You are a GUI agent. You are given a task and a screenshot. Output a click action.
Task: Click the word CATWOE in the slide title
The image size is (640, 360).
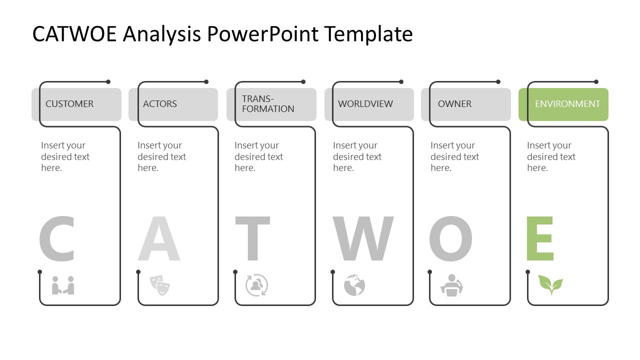tap(74, 34)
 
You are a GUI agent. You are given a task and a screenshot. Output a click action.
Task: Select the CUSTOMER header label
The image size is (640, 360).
tap(69, 104)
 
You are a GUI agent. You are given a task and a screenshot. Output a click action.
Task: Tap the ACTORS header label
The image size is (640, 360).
tap(160, 104)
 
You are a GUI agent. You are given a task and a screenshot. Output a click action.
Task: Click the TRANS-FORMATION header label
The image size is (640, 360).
tap(268, 104)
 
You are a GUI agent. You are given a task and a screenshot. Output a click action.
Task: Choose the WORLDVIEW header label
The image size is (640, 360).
tap(365, 104)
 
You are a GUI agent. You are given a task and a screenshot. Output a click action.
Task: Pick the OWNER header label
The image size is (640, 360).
tap(454, 104)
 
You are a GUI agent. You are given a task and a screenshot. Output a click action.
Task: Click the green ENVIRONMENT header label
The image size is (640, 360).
tap(567, 104)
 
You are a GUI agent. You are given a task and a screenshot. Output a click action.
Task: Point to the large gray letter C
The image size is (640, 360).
tap(56, 239)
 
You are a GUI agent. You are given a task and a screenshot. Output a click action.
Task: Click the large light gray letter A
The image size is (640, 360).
tap(159, 239)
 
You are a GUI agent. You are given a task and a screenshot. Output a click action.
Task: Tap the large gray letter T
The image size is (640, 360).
tap(253, 239)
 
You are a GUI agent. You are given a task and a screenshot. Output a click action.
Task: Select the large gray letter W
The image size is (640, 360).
tap(363, 239)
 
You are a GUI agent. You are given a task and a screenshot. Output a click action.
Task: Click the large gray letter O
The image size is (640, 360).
tap(450, 239)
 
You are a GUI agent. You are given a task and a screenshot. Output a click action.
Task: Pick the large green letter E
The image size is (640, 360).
tap(540, 239)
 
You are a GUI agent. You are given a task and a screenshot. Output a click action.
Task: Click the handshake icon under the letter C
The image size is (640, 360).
tap(63, 285)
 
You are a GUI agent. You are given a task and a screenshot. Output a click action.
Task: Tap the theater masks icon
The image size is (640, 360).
tap(160, 285)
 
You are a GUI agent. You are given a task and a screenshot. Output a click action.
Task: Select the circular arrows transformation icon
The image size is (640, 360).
tap(256, 285)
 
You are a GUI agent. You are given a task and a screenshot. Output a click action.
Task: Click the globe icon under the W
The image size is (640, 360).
tap(354, 285)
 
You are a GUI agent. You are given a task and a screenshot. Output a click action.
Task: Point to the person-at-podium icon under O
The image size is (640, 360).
tap(452, 285)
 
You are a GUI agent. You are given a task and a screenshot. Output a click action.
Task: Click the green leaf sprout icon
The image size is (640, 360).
tap(550, 284)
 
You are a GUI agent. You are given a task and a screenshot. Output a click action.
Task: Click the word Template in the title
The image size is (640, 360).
tap(368, 34)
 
